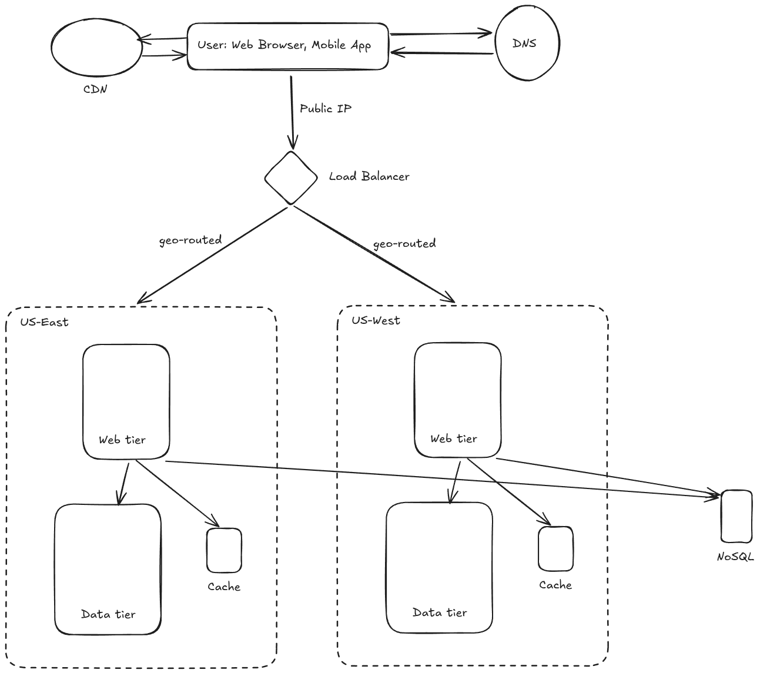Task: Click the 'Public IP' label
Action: pyautogui.click(x=325, y=108)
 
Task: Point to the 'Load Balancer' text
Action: pyautogui.click(x=369, y=176)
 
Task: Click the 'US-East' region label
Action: pyautogui.click(x=44, y=322)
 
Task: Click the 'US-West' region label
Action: pyautogui.click(x=376, y=320)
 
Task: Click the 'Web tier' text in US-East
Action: pyautogui.click(x=122, y=440)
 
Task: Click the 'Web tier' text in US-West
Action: pyautogui.click(x=454, y=438)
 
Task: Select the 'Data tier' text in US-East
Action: pyautogui.click(x=108, y=614)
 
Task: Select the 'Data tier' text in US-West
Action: pyautogui.click(x=440, y=612)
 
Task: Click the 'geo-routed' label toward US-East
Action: pyautogui.click(x=190, y=240)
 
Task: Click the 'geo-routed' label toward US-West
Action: pyautogui.click(x=404, y=244)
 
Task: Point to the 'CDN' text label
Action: pyautogui.click(x=95, y=89)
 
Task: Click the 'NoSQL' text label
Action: pyautogui.click(x=735, y=557)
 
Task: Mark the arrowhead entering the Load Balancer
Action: pyautogui.click(x=293, y=143)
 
